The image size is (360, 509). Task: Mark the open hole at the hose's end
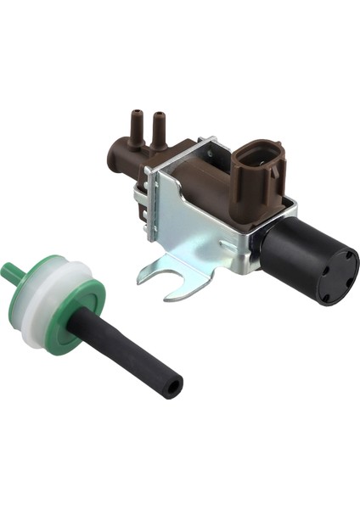(173, 386)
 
